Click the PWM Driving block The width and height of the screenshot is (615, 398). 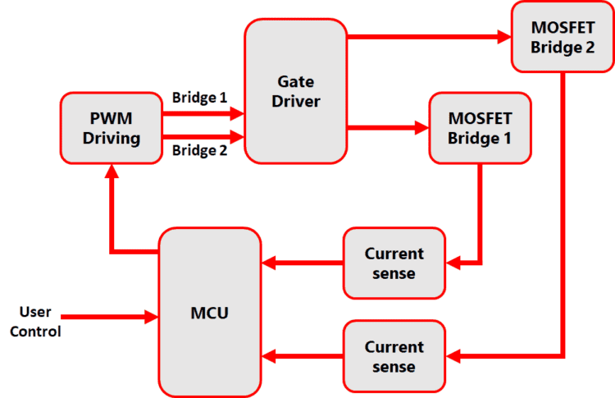(111, 127)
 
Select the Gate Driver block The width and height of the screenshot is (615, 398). (295, 90)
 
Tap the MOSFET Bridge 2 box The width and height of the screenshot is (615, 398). (562, 36)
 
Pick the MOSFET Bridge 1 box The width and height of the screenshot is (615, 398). (480, 127)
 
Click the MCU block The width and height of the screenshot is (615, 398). (210, 312)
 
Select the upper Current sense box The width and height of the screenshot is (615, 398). (394, 263)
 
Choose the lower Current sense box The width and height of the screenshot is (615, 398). (394, 356)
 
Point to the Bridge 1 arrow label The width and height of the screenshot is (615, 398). (199, 97)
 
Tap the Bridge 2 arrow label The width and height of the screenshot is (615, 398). (199, 150)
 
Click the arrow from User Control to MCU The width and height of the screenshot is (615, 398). (107, 316)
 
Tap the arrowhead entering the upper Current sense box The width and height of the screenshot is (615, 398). (453, 263)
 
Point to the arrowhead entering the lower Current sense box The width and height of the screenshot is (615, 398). (453, 356)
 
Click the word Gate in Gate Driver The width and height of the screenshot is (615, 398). (295, 80)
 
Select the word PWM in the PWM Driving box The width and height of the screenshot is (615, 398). (111, 117)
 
